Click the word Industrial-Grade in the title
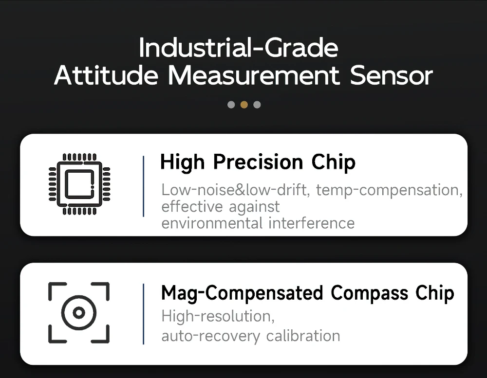tap(239, 48)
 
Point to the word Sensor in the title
tap(392, 75)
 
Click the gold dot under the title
tap(244, 105)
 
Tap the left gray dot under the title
tap(231, 105)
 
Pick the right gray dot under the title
tap(257, 105)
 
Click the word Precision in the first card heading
tap(258, 162)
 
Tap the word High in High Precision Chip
tap(182, 162)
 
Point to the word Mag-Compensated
tap(242, 293)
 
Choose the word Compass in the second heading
tap(369, 293)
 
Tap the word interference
tap(311, 223)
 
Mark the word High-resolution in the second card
tap(218, 317)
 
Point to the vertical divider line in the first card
tap(143, 186)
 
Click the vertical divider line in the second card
tap(143, 314)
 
